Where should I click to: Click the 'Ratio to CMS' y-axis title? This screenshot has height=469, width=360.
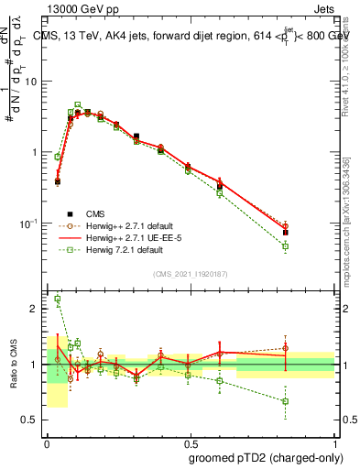(x=14, y=365)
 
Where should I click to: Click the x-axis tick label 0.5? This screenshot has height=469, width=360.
(x=189, y=441)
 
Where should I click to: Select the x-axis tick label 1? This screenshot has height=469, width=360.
(x=333, y=441)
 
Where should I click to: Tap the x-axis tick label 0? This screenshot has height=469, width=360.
(x=46, y=441)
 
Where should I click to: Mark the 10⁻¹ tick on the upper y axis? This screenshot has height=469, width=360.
(x=31, y=223)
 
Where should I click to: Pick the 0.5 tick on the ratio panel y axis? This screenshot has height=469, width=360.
(x=32, y=420)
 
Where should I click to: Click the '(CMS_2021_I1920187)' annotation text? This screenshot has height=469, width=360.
(x=190, y=274)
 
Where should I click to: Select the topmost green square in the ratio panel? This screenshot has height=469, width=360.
(x=58, y=299)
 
